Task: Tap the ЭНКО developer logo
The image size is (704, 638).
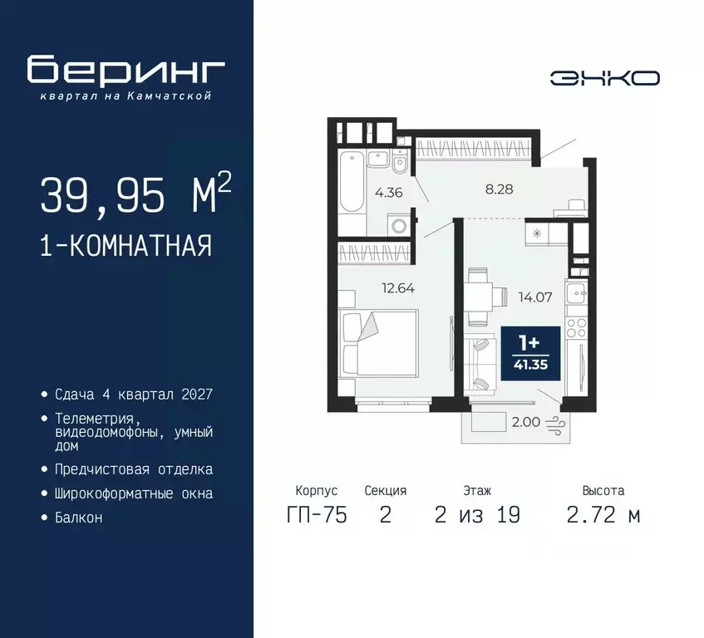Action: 605,78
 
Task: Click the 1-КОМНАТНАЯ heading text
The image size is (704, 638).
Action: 126,246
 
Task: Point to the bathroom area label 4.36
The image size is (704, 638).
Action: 388,194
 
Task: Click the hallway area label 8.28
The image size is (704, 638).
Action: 499,189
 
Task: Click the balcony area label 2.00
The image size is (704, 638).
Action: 526,422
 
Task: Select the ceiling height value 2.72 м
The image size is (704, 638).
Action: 603,515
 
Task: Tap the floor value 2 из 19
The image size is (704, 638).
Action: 477,515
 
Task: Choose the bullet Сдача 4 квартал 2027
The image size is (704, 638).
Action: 134,394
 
